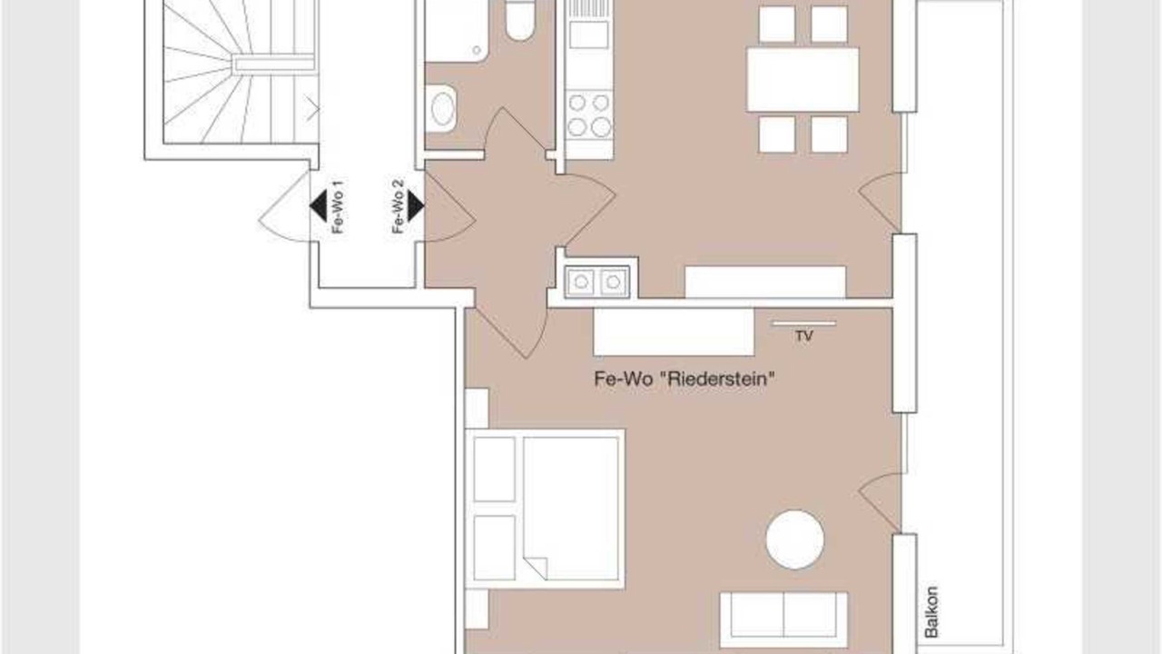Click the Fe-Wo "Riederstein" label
point(684,379)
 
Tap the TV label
point(804,336)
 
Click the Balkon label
point(931,612)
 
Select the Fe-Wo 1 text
point(338,207)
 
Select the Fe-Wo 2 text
point(398,206)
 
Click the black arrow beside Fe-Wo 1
point(319,206)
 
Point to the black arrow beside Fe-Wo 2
point(416,206)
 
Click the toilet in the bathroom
point(520,20)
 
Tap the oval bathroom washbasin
point(442,109)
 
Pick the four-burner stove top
point(589,115)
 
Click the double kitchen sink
point(597,282)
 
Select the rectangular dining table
point(803,79)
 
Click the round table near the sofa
point(794,540)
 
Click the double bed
point(546,510)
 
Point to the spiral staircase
point(239,72)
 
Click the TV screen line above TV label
point(803,323)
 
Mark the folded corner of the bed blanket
point(536,568)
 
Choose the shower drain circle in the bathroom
point(478,50)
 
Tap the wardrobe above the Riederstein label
point(674,332)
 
